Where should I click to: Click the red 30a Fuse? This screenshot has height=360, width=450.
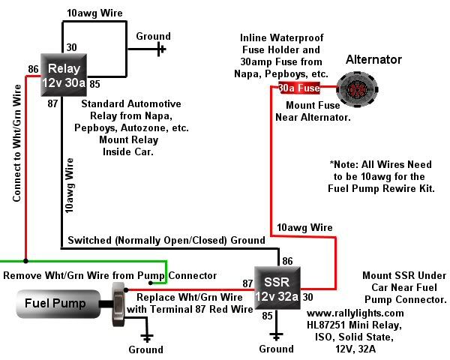click(x=300, y=88)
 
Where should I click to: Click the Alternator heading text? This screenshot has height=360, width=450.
click(x=373, y=59)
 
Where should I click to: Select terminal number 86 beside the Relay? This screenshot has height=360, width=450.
click(x=33, y=69)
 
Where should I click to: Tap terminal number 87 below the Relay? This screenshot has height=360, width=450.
click(x=52, y=101)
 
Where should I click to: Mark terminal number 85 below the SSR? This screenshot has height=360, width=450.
click(x=267, y=316)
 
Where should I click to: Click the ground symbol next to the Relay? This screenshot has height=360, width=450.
click(x=160, y=50)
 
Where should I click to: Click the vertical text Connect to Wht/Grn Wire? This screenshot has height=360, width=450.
click(x=16, y=143)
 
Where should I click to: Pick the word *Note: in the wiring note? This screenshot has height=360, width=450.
click(x=346, y=163)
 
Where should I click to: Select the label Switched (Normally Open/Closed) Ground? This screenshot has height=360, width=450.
click(x=166, y=240)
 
